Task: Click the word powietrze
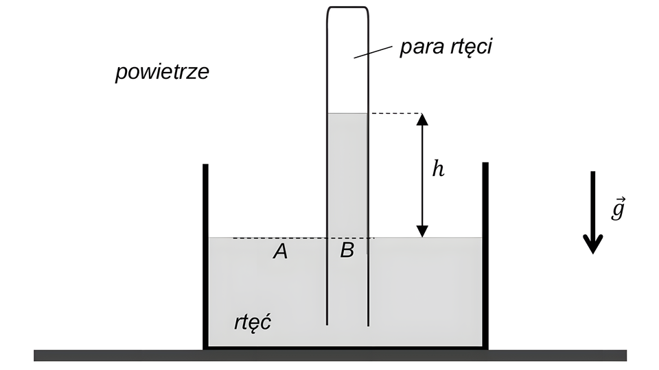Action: pos(162,73)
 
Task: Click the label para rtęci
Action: pos(447,49)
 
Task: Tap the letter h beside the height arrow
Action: pos(438,169)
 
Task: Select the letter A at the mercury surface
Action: pos(279,252)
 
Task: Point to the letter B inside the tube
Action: pos(347,251)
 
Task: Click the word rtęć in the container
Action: pos(253,322)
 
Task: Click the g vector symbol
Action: pos(618,209)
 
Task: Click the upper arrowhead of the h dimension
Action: pos(422,119)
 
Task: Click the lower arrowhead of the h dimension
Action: pos(422,232)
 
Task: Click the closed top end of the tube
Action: pos(348,8)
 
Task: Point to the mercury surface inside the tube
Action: pos(348,114)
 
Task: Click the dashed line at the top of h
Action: pos(395,113)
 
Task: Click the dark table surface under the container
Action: pos(329,355)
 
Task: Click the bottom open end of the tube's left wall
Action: pos(327,323)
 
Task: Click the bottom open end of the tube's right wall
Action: pos(369,323)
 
